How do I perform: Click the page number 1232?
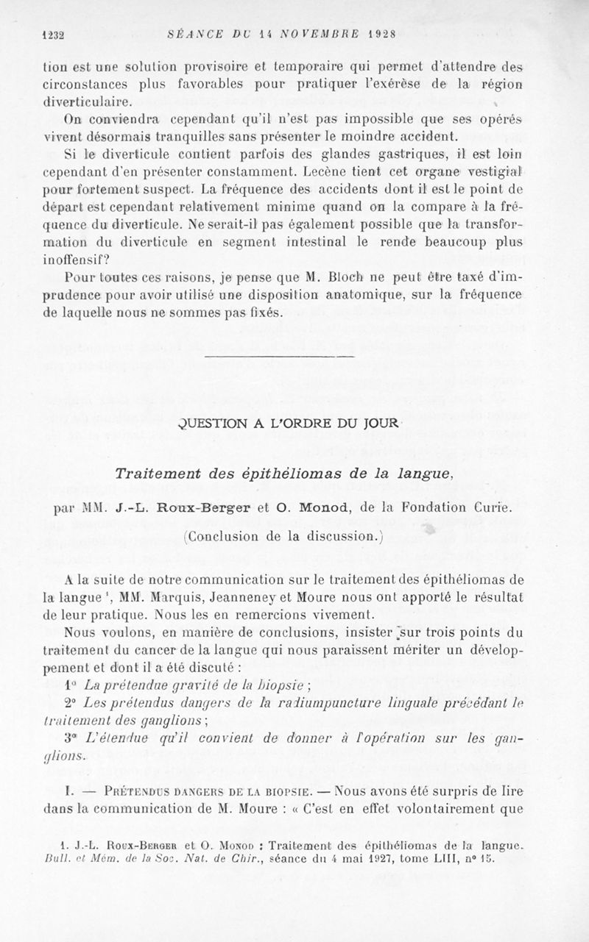coord(54,33)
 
